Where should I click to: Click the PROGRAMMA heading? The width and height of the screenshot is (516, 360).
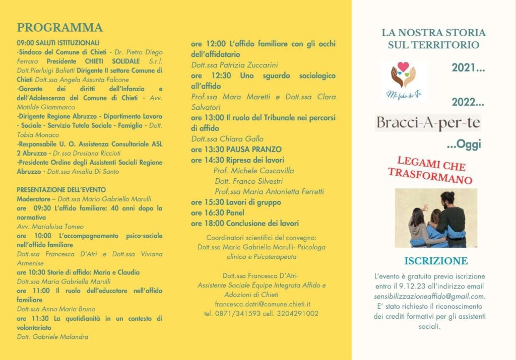pos(59,28)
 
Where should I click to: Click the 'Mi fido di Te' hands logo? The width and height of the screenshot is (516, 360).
pos(404,80)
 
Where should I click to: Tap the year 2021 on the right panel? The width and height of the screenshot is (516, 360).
pos(468,67)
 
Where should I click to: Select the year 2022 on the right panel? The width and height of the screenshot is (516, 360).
pos(468,102)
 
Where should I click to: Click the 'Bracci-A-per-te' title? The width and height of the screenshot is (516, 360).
pos(428,123)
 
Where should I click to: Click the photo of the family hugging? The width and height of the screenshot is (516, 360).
pos(436,219)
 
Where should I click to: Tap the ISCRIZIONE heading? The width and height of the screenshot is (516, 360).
pos(436,261)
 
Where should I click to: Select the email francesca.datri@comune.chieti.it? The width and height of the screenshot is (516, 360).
pos(262,304)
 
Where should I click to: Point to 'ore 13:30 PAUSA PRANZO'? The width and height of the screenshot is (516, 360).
pos(236,150)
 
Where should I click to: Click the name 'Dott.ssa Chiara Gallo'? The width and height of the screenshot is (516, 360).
pos(227,139)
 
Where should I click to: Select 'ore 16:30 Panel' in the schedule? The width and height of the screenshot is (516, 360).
pos(218,213)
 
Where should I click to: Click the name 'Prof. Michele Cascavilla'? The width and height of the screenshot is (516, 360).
pos(254,171)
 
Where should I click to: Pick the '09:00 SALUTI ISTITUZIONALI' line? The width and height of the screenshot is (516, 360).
pos(58,43)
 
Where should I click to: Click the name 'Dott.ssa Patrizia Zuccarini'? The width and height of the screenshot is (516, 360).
pos(235,65)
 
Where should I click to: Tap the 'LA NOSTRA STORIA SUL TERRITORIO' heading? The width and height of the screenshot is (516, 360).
pos(433,39)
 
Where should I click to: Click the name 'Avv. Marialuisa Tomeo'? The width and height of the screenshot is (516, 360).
pos(50,227)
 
